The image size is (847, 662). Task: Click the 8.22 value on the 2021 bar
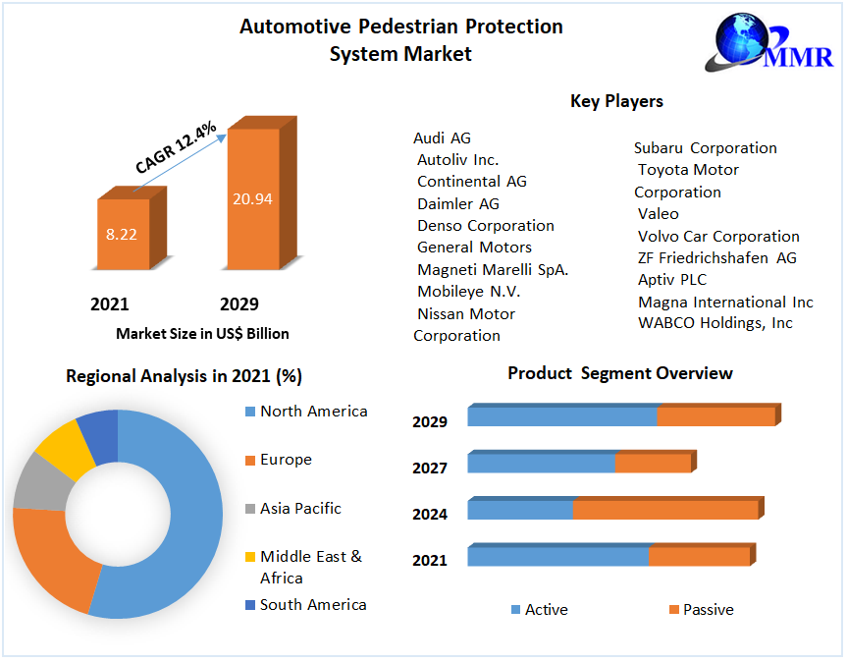123,234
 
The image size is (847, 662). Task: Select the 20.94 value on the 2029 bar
252,198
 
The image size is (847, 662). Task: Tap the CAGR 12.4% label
176,146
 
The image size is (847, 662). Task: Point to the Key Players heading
616,101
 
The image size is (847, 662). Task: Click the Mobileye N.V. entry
468,292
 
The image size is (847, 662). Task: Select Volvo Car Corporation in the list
718,236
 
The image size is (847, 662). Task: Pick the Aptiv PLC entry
671,280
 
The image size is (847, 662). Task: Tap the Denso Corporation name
485,225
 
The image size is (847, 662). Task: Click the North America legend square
249,412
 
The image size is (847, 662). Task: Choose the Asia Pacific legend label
300,508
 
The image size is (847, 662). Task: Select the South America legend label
313,605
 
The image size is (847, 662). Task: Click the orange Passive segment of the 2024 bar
664,510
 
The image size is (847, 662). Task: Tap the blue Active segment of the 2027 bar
541,463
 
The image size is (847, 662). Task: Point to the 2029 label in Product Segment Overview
430,422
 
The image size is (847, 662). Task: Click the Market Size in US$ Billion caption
202,334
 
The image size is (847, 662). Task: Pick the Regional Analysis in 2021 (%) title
184,376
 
